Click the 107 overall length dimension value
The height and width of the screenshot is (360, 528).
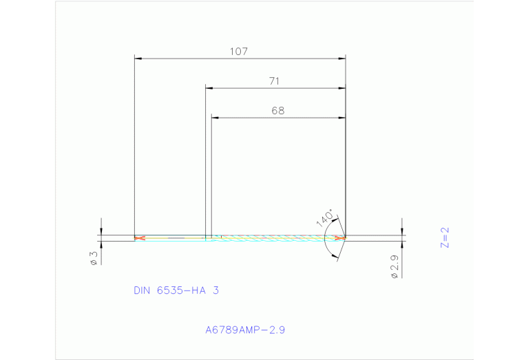pos(240,51)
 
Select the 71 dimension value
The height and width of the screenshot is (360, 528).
pos(274,81)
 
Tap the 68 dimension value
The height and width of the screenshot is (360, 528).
pos(277,110)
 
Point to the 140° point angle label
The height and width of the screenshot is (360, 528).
pos(325,218)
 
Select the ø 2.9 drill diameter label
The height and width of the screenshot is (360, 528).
pos(394,266)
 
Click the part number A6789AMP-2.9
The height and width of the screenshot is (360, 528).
pos(245,330)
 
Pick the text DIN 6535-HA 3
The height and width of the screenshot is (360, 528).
pos(176,290)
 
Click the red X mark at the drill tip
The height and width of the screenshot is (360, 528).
pos(339,238)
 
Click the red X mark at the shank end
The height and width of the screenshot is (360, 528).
pos(140,238)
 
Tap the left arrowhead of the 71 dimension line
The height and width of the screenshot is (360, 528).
pos(209,88)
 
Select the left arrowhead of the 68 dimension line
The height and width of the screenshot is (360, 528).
pos(215,118)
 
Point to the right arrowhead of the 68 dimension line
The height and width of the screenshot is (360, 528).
pos(341,118)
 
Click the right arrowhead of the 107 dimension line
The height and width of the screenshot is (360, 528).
pos(341,59)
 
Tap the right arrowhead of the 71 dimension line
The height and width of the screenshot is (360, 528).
pos(341,88)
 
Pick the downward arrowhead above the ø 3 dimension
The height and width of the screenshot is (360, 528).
pos(101,231)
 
